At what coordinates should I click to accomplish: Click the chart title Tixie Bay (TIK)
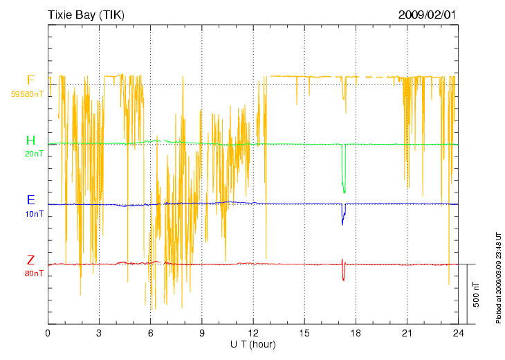[86, 15]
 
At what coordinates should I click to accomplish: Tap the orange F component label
[30, 80]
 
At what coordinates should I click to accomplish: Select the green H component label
[30, 141]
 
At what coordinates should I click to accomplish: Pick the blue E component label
[30, 200]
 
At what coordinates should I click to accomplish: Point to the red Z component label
[30, 260]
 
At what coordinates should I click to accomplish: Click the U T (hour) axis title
[253, 344]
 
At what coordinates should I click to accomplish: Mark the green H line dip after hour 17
[343, 186]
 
